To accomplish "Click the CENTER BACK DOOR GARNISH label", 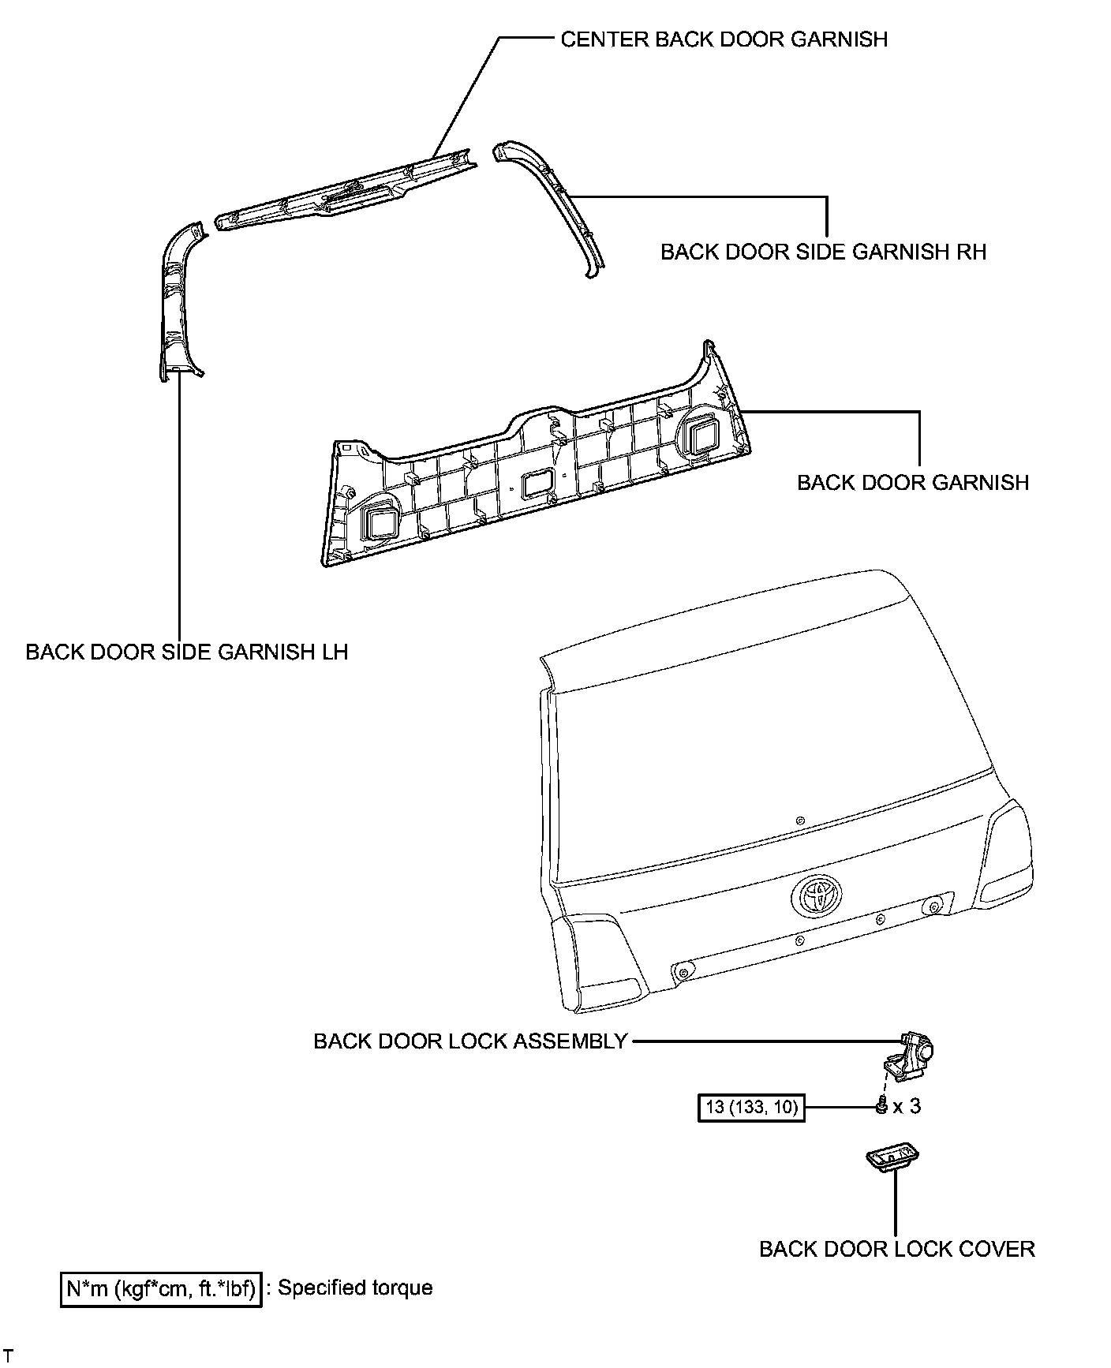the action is (x=724, y=39).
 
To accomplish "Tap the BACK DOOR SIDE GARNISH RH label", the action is (x=823, y=252).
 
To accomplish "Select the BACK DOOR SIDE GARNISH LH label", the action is (x=187, y=652).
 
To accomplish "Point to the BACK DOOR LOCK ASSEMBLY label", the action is (x=470, y=1041).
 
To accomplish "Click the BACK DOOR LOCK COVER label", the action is (x=897, y=1249).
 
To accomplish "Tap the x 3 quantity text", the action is (x=907, y=1107).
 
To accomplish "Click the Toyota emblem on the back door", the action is (x=817, y=895).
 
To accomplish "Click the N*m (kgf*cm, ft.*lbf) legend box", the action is (x=161, y=1289).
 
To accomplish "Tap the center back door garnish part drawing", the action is (x=347, y=189).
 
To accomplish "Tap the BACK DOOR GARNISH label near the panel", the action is (x=913, y=482).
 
